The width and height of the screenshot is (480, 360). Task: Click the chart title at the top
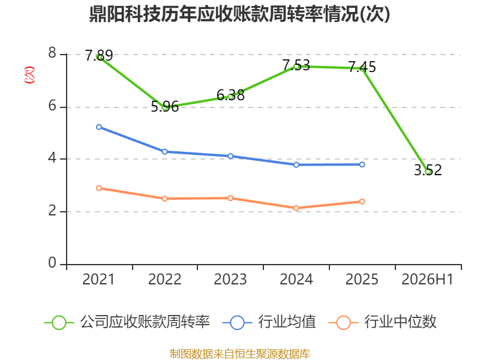coord(239,14)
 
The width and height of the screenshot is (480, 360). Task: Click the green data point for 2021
coord(99,57)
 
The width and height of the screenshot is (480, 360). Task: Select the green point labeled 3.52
coord(428,172)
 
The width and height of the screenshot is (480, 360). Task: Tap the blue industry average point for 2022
coord(164,152)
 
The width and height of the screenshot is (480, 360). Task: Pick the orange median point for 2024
coord(296,208)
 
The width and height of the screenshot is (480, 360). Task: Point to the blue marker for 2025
coord(362,164)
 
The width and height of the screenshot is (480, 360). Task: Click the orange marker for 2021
coord(99,188)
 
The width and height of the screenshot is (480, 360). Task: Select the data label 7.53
coord(296,65)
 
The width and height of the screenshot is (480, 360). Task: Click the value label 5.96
coord(164,107)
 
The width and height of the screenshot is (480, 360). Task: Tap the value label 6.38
coord(230,95)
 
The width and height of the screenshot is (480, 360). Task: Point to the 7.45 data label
coord(362,67)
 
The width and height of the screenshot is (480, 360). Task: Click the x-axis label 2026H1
coord(427,279)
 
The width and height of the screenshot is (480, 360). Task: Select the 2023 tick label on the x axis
coord(230,279)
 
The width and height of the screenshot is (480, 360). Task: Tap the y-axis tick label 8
coord(52,53)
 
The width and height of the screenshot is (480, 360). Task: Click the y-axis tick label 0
coord(52,263)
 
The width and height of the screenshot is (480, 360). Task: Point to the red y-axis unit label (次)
coord(29,75)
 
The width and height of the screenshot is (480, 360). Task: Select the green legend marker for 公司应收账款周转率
coord(59,323)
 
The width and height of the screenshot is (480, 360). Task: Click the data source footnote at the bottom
coord(240,354)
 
